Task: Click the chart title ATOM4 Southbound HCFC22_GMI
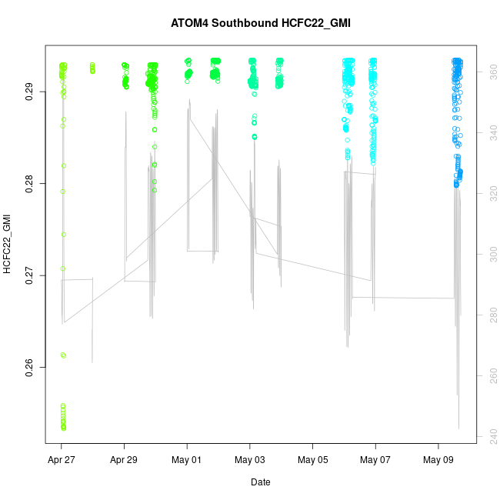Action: point(260,22)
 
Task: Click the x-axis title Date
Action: point(260,482)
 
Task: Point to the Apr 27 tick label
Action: point(61,460)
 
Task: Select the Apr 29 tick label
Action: point(124,460)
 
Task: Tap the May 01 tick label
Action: point(187,460)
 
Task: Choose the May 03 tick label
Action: point(250,460)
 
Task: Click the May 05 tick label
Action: point(313,460)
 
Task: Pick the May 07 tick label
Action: point(375,460)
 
